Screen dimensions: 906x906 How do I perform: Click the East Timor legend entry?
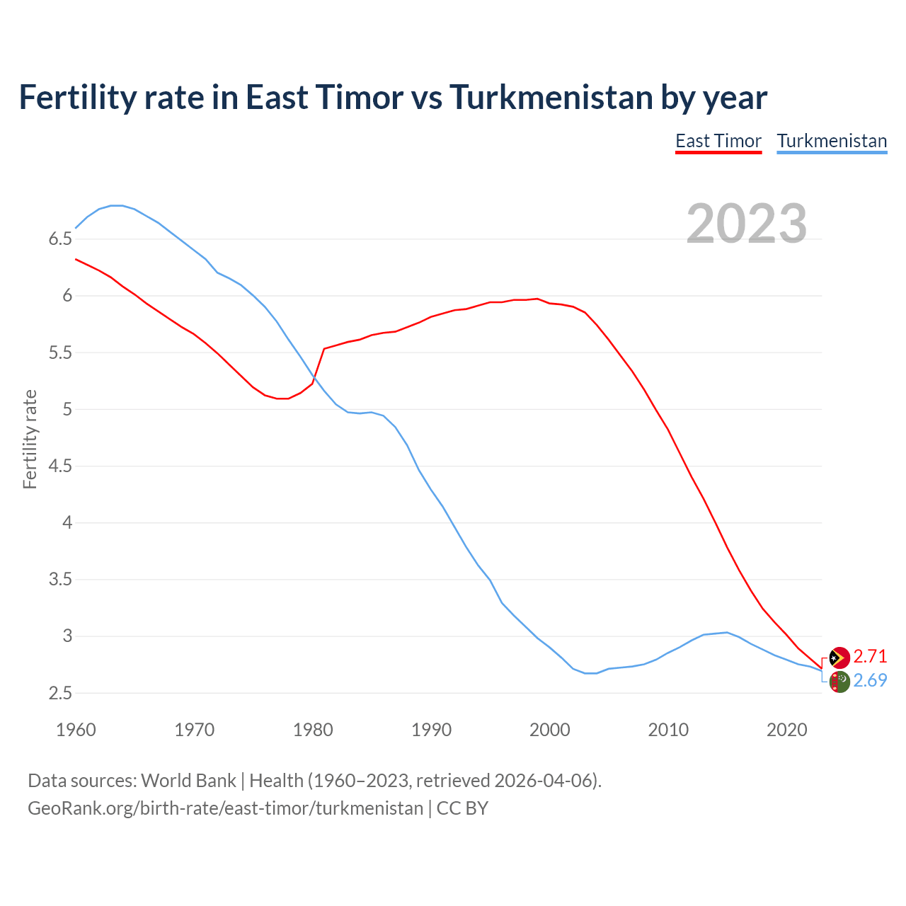(718, 141)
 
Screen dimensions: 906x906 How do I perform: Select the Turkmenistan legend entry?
(832, 141)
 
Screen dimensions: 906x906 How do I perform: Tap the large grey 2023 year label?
(747, 224)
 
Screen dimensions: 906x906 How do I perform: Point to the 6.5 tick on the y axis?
(60, 239)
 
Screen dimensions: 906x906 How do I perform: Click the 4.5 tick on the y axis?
(60, 466)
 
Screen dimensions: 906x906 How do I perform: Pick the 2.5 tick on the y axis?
(60, 694)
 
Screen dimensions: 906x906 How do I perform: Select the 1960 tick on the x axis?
(76, 730)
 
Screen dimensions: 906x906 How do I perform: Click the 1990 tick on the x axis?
(431, 730)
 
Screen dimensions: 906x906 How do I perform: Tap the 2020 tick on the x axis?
(786, 730)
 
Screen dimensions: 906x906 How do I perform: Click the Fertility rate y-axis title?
(30, 439)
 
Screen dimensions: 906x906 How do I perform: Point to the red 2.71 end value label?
(870, 656)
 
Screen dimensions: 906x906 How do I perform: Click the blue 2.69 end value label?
(870, 680)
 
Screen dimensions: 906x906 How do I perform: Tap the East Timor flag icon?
(839, 658)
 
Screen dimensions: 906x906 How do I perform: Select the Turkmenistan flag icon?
(839, 682)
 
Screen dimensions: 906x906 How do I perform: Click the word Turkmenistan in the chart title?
(551, 97)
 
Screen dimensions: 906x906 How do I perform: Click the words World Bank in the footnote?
(188, 781)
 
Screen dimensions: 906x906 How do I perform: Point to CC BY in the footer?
(462, 808)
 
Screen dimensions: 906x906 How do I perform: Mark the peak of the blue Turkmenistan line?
(117, 205)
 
